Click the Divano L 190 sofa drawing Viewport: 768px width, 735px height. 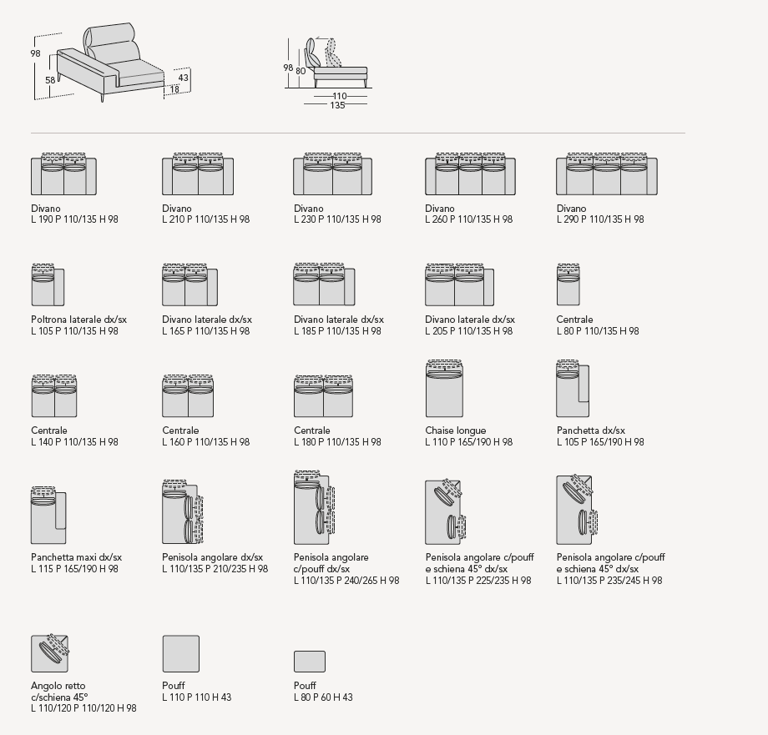63,175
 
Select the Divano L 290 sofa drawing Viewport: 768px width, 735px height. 606,175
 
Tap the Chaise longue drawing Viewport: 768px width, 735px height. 443,390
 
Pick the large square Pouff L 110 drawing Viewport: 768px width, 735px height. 180,653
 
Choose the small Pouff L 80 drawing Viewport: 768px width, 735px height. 309,662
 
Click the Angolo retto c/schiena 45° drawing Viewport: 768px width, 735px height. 49,653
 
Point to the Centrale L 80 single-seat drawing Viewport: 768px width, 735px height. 568,285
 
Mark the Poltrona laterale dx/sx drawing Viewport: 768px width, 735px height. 48,285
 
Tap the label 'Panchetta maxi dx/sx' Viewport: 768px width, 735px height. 76,557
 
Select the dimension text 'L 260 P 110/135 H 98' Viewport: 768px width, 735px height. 468,219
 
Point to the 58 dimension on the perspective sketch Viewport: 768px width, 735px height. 50,80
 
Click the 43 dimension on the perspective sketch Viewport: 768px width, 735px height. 183,78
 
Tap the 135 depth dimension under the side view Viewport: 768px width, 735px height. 337,106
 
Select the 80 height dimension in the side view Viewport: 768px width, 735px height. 301,72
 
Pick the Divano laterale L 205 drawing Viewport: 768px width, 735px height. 458,285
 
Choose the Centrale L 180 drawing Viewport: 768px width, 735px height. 324,396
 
